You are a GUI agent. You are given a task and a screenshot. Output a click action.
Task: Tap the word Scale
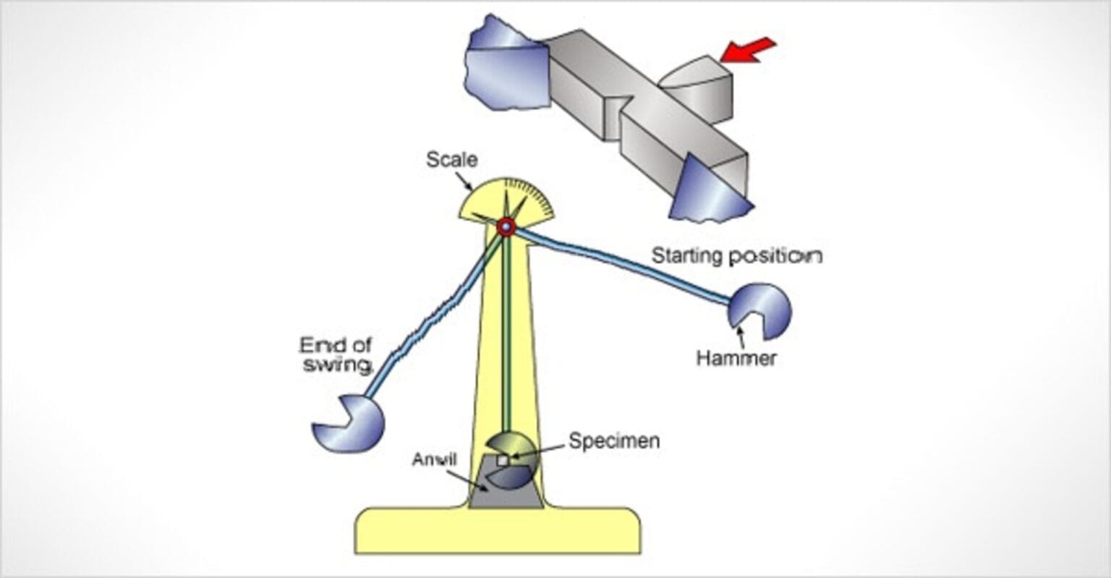[x=451, y=159]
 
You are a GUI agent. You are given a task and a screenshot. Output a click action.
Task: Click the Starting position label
[x=737, y=256]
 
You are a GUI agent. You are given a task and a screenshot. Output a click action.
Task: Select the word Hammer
[x=736, y=357]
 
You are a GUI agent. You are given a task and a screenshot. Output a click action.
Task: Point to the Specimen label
[x=614, y=441]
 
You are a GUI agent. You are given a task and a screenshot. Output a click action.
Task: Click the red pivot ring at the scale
[x=506, y=227]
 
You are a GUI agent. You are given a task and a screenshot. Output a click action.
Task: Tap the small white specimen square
[x=503, y=460]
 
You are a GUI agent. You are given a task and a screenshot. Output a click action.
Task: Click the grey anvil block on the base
[x=506, y=492]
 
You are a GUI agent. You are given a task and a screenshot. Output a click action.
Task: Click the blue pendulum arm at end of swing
[x=427, y=318]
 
